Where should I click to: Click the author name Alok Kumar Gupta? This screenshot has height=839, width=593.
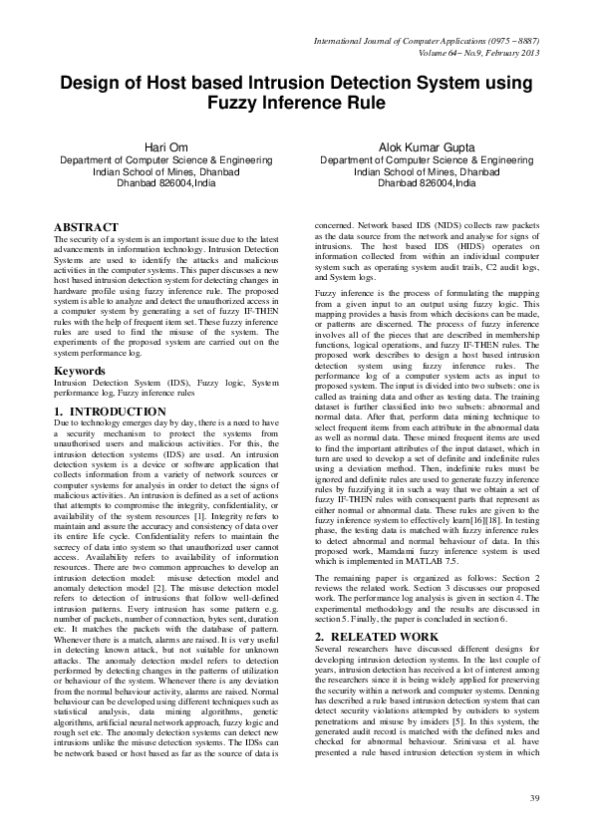(418, 147)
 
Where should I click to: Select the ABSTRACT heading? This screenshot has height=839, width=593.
(86, 228)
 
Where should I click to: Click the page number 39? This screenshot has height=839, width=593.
(533, 799)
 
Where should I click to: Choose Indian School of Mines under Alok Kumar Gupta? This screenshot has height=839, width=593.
(418, 171)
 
